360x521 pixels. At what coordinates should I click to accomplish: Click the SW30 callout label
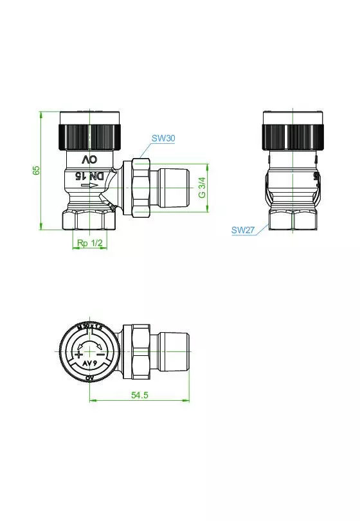pyautogui.click(x=163, y=138)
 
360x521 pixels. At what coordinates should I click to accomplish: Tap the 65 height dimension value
pyautogui.click(x=37, y=170)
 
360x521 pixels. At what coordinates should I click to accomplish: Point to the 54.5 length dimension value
pyautogui.click(x=139, y=396)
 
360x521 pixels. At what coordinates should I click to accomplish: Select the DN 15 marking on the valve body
pyautogui.click(x=88, y=175)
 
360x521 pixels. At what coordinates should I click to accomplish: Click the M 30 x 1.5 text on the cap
pyautogui.click(x=89, y=328)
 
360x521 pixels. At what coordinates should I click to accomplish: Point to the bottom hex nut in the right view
pyautogui.click(x=292, y=219)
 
